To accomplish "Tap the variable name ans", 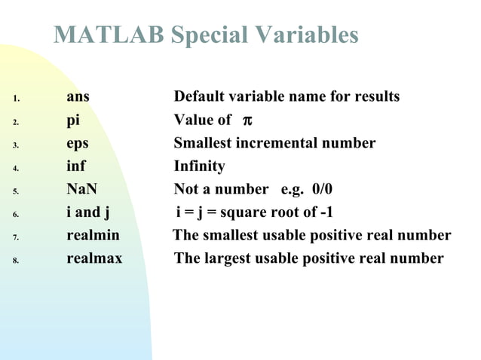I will tap(78, 97).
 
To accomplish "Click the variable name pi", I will tap(73, 121).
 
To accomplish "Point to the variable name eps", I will tap(78, 143).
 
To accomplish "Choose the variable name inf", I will tap(76, 166).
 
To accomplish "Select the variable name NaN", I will tap(81, 189).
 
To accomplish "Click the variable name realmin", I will tap(93, 236).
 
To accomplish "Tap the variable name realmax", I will tap(94, 258).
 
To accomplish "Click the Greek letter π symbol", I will tap(246, 121).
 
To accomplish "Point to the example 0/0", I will tap(320, 189).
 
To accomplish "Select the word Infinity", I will tap(199, 166).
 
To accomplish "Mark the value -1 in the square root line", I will tap(325, 212).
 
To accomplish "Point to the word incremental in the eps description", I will tap(272, 143).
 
